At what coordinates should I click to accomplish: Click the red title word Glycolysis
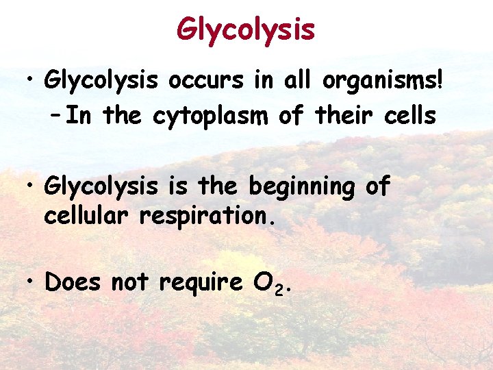click(246, 29)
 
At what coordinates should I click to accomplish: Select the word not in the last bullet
click(130, 282)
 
